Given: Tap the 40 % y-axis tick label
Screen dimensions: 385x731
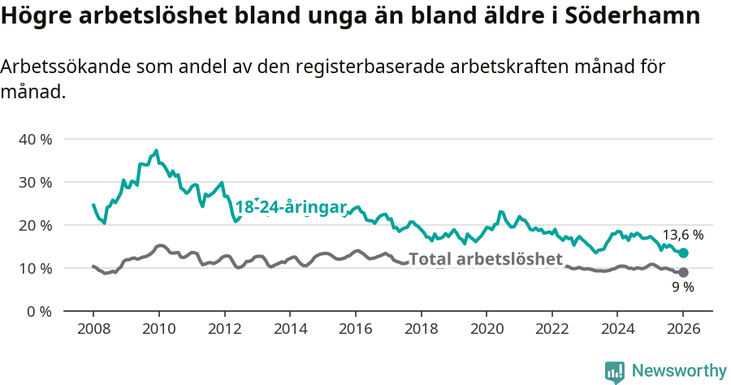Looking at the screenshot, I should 35,139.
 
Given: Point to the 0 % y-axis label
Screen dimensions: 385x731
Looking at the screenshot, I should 39,311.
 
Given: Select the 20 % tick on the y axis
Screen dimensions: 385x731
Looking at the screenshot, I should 35,225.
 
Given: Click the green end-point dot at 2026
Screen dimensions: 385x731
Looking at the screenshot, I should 683,253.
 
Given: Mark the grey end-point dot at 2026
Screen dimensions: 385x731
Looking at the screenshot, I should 683,273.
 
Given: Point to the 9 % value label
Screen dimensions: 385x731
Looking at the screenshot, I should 682,288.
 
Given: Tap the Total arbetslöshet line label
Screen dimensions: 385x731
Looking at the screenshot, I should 486,259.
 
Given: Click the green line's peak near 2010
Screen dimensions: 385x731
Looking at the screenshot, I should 156,150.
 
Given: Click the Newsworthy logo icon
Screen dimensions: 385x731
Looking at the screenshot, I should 615,371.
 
